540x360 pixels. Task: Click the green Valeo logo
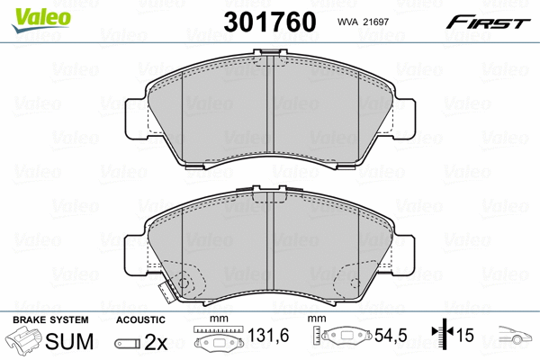(41, 20)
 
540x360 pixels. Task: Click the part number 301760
(270, 22)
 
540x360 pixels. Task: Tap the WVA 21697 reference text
(363, 22)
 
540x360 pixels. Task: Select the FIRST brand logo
(488, 22)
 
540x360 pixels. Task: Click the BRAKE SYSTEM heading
(50, 319)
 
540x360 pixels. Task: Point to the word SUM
(69, 341)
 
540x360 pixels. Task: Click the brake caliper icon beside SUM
(23, 340)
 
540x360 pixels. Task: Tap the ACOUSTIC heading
(140, 319)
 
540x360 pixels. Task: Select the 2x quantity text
(156, 342)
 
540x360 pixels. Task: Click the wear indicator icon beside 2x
(128, 343)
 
